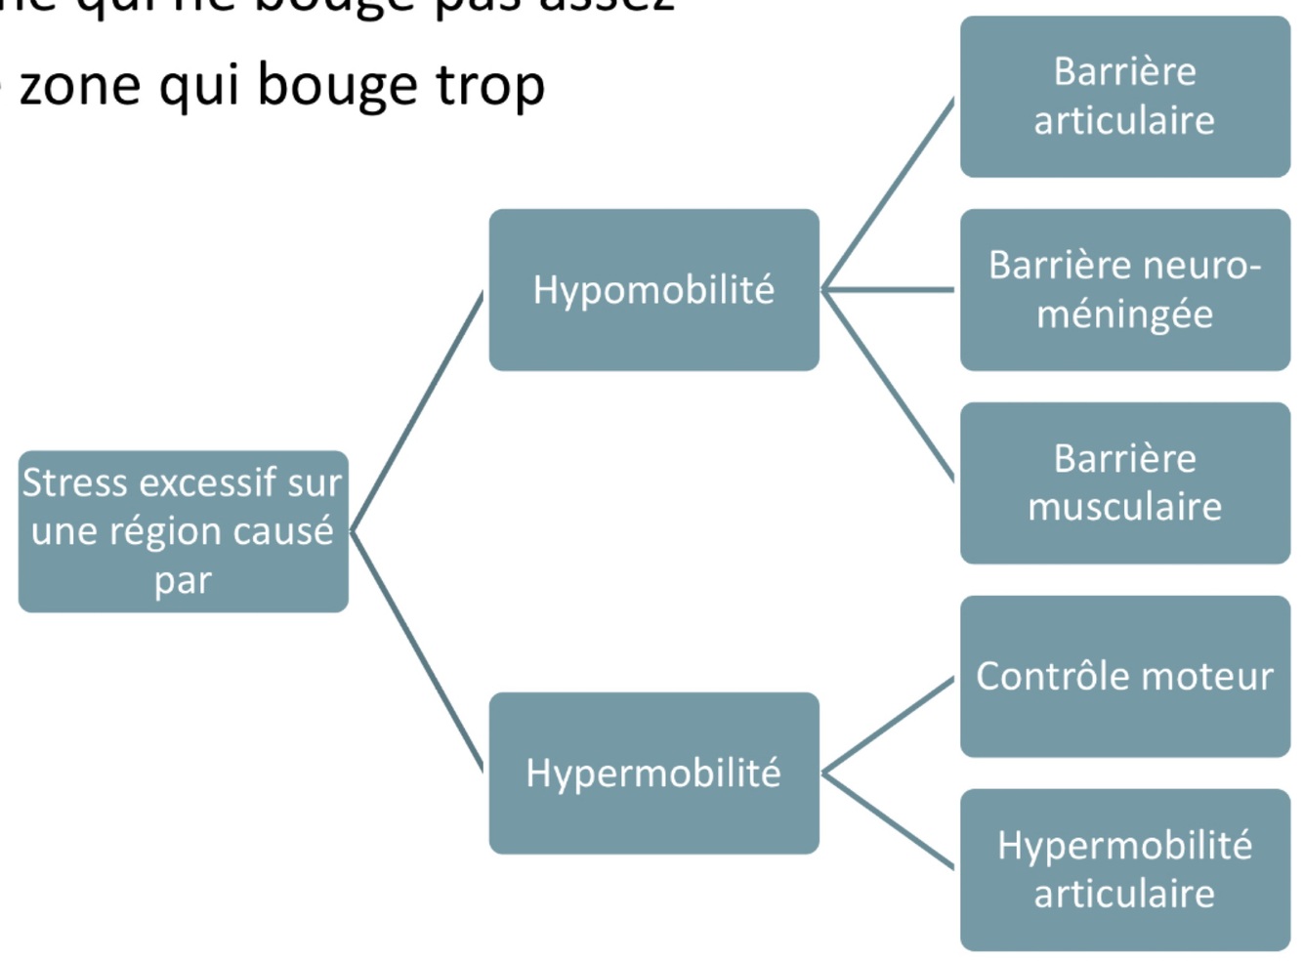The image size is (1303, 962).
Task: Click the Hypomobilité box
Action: click(x=653, y=290)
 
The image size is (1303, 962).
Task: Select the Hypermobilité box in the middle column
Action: click(x=653, y=774)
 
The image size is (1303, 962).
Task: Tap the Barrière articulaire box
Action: click(x=1124, y=97)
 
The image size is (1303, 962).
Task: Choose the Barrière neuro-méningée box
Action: click(x=1124, y=290)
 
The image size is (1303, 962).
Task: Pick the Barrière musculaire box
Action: click(x=1124, y=482)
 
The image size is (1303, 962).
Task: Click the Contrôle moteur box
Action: click(x=1124, y=676)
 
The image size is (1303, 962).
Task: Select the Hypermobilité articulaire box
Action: click(x=1124, y=869)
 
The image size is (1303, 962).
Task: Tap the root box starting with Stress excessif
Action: click(x=183, y=531)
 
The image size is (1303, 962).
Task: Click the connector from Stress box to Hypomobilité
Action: click(x=417, y=411)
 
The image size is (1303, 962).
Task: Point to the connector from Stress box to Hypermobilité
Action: click(x=417, y=652)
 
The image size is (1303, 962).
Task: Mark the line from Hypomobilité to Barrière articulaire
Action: click(x=889, y=193)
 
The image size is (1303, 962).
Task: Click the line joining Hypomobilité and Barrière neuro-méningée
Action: click(x=889, y=290)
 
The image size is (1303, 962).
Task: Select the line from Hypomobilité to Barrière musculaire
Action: click(x=889, y=386)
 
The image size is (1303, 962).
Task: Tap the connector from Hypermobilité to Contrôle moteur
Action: click(x=889, y=725)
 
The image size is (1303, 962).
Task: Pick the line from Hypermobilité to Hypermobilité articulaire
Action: click(x=889, y=821)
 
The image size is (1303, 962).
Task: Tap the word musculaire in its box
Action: click(x=1124, y=507)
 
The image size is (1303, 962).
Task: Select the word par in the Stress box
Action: click(x=183, y=581)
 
